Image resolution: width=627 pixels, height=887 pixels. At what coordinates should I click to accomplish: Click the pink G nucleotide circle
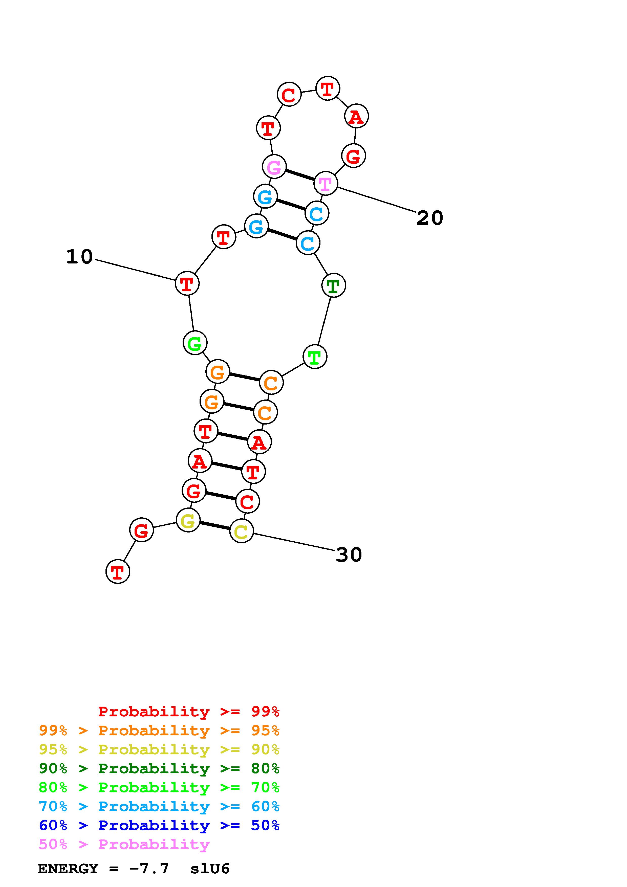pyautogui.click(x=274, y=167)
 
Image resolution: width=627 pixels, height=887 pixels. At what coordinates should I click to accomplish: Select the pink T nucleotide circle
pyautogui.click(x=326, y=184)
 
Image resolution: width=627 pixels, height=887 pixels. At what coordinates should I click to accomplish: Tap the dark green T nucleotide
pyautogui.click(x=333, y=285)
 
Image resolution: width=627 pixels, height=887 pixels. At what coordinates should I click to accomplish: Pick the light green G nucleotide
pyautogui.click(x=195, y=343)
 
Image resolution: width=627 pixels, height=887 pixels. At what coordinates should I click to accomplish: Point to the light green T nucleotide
pyautogui.click(x=315, y=357)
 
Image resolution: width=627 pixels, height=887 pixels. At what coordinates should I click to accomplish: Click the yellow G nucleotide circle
pyautogui.click(x=188, y=520)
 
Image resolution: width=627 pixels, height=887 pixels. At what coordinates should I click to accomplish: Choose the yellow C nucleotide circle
pyautogui.click(x=242, y=531)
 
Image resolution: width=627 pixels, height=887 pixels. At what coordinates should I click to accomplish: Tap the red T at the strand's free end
pyautogui.click(x=117, y=571)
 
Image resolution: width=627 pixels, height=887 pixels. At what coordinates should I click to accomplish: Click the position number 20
pyautogui.click(x=429, y=218)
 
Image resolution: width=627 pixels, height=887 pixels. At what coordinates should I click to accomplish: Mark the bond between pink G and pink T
pyautogui.click(x=300, y=175)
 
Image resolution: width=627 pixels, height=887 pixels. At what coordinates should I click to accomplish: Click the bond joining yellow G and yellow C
pyautogui.click(x=214, y=526)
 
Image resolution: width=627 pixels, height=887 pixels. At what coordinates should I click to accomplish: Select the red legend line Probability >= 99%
pyautogui.click(x=188, y=712)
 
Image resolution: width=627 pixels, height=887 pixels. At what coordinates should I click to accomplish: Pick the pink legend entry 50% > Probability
pyautogui.click(x=124, y=844)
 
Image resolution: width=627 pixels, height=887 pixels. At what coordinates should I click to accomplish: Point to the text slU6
pyautogui.click(x=210, y=869)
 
